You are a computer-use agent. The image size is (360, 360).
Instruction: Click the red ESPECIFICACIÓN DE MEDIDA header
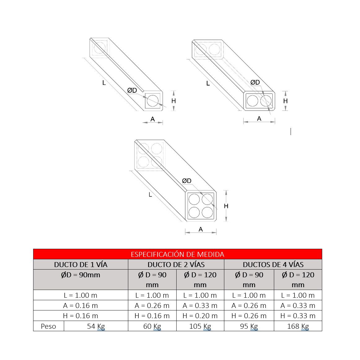177,254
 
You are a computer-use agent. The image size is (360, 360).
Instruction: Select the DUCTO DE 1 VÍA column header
81,265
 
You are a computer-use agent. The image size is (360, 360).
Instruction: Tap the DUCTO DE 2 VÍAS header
176,265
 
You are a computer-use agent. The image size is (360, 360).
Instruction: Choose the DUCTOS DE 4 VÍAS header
273,265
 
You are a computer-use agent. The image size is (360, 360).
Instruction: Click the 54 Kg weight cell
96,326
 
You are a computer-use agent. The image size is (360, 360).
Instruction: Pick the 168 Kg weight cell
298,326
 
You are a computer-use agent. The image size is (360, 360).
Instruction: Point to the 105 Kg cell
200,326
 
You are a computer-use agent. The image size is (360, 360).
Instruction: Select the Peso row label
48,326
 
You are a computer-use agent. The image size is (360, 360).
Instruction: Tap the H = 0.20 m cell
200,316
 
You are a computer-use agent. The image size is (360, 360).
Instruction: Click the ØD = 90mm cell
81,275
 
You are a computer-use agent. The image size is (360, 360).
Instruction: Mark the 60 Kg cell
152,326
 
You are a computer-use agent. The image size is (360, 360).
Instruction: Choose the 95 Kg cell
249,326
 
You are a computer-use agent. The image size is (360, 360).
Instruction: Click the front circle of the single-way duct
152,101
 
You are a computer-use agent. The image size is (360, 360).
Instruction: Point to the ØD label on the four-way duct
187,181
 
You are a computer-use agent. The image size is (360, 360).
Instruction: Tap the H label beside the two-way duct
285,101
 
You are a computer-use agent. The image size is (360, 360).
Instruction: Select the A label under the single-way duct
153,119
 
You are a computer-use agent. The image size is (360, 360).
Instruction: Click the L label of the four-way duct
150,195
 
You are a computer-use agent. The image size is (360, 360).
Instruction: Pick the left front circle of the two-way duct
252,101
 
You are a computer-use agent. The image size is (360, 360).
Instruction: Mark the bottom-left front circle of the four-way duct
194,213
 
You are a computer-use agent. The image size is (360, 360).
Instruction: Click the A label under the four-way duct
201,229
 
